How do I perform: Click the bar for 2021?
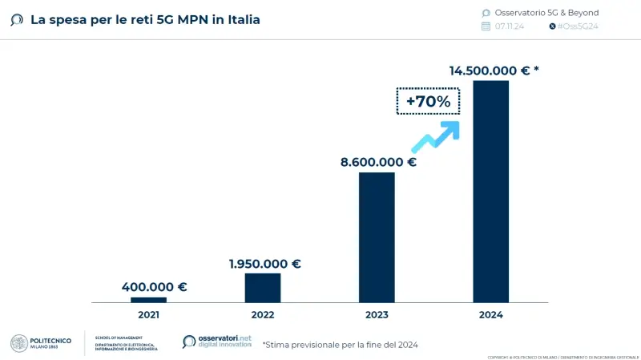tap(148, 299)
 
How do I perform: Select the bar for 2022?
tap(263, 287)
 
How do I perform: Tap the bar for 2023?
tap(377, 237)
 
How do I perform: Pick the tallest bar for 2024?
tap(490, 191)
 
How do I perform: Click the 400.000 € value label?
tap(154, 286)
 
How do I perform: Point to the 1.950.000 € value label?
tap(264, 264)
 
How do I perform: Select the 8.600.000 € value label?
tap(378, 162)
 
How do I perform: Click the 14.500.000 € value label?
tap(494, 71)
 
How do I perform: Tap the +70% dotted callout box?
tap(429, 102)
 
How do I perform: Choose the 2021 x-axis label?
tap(148, 315)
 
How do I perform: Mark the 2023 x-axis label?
tap(377, 315)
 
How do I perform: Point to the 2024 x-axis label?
tap(490, 315)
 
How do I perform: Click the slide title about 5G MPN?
tap(145, 19)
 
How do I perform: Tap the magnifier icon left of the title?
tap(16, 19)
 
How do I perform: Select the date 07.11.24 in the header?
tap(509, 26)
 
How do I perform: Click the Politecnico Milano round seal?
tap(19, 343)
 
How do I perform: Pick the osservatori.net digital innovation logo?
tap(217, 342)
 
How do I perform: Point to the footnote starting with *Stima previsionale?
tap(340, 344)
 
